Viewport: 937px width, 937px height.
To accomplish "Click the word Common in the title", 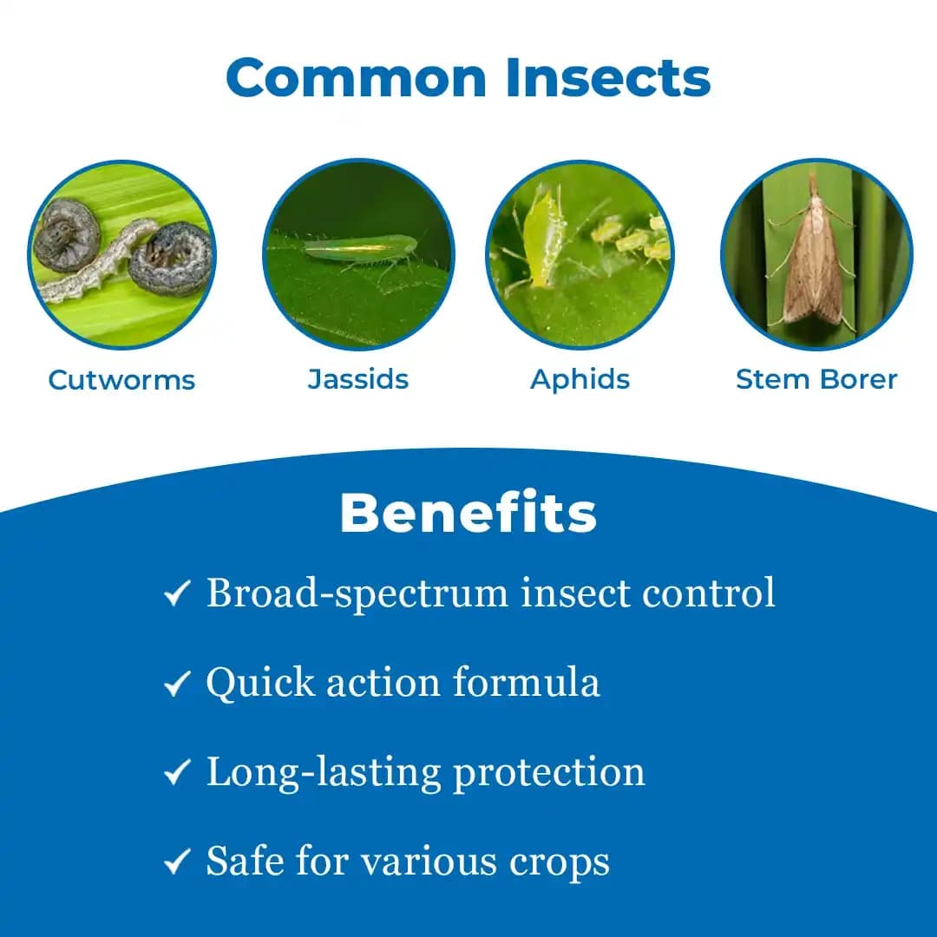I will [357, 78].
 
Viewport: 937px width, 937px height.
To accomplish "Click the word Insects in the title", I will [608, 78].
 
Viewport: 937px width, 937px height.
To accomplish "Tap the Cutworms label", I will [121, 380].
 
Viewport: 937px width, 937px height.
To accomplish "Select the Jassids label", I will [358, 379].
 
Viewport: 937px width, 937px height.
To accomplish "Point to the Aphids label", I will [580, 380].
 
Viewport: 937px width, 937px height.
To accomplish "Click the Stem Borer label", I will [816, 379].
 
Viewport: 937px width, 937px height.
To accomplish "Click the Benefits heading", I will [468, 514].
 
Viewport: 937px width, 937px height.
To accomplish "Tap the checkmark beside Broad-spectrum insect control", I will [177, 595].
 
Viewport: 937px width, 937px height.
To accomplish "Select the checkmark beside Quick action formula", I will [177, 685].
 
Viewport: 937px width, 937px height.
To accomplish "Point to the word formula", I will [528, 683].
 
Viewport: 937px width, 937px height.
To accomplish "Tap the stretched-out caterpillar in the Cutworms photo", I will [95, 260].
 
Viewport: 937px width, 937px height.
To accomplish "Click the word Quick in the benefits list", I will [260, 684].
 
